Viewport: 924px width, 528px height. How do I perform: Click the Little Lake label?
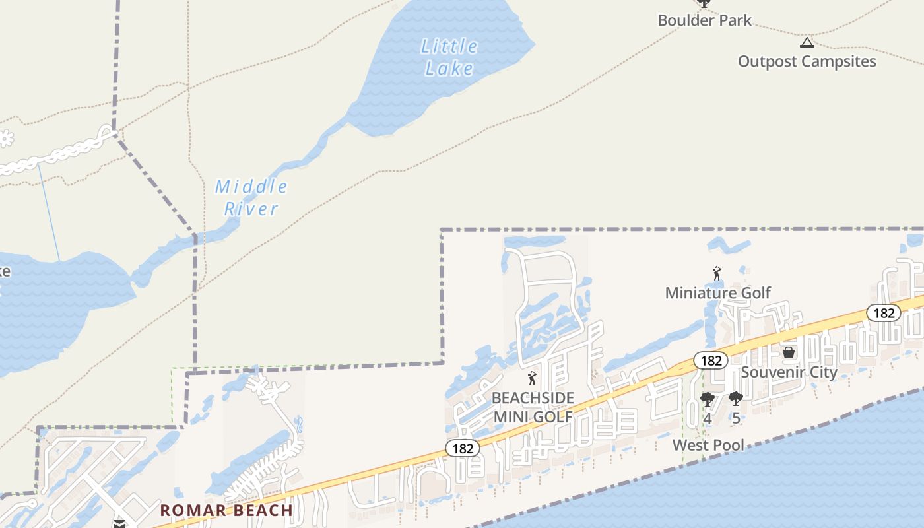click(449, 57)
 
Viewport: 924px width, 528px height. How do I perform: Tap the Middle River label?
click(251, 197)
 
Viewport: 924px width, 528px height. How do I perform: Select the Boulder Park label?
click(704, 20)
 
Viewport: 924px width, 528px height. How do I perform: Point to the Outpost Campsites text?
click(807, 61)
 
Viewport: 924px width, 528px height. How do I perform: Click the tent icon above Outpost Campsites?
click(807, 43)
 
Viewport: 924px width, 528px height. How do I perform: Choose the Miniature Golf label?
click(717, 292)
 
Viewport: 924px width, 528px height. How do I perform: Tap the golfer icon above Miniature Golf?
click(717, 273)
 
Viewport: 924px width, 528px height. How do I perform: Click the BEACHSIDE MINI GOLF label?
click(533, 407)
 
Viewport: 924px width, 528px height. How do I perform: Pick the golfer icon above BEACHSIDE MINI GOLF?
click(532, 379)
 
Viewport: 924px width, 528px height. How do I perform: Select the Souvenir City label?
click(789, 372)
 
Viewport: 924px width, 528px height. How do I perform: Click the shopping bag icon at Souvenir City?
click(788, 352)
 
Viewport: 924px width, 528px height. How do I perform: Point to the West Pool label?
click(708, 445)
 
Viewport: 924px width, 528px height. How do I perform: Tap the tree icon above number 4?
click(707, 399)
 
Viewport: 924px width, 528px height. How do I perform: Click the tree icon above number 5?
click(735, 399)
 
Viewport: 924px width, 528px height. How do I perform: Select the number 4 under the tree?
click(707, 418)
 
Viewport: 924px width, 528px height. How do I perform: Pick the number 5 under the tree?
click(736, 418)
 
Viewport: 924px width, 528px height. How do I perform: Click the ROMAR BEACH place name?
click(226, 510)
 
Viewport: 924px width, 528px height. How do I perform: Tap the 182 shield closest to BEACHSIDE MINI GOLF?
click(463, 448)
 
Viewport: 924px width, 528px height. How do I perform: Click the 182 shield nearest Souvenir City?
click(711, 360)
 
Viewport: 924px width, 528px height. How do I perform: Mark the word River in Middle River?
click(251, 209)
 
